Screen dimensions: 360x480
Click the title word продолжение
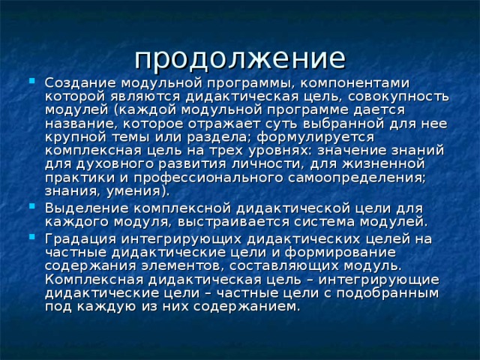pos(240,58)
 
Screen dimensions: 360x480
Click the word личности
pos(256,163)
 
